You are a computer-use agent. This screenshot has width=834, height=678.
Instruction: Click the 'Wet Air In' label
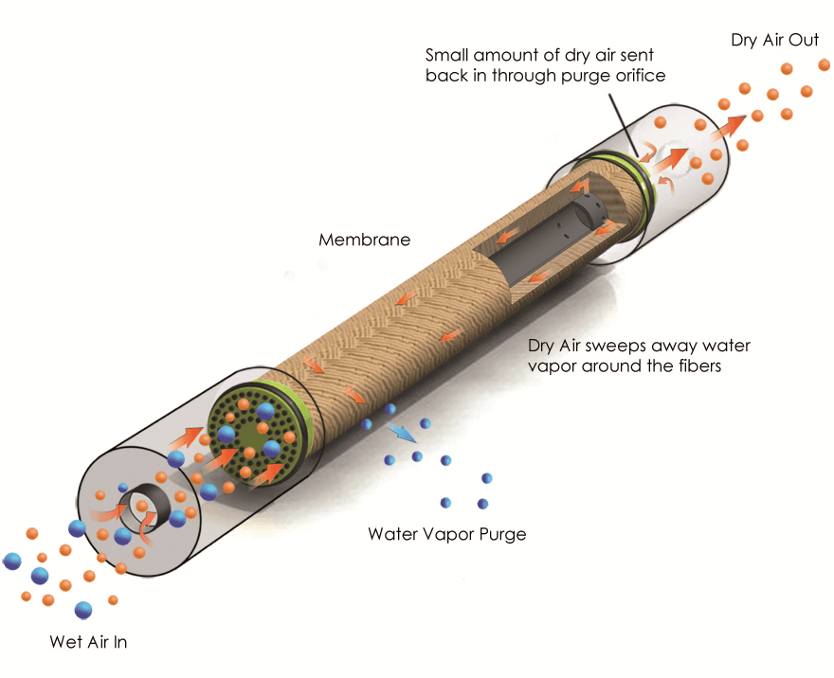88,642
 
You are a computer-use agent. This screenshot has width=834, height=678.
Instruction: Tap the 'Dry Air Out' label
774,41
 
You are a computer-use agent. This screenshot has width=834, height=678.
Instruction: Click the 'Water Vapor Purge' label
446,535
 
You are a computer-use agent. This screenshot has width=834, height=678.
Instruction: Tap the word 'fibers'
698,366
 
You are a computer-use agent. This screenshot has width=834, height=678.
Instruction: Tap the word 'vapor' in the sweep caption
553,366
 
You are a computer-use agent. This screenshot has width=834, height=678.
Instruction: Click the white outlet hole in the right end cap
676,152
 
